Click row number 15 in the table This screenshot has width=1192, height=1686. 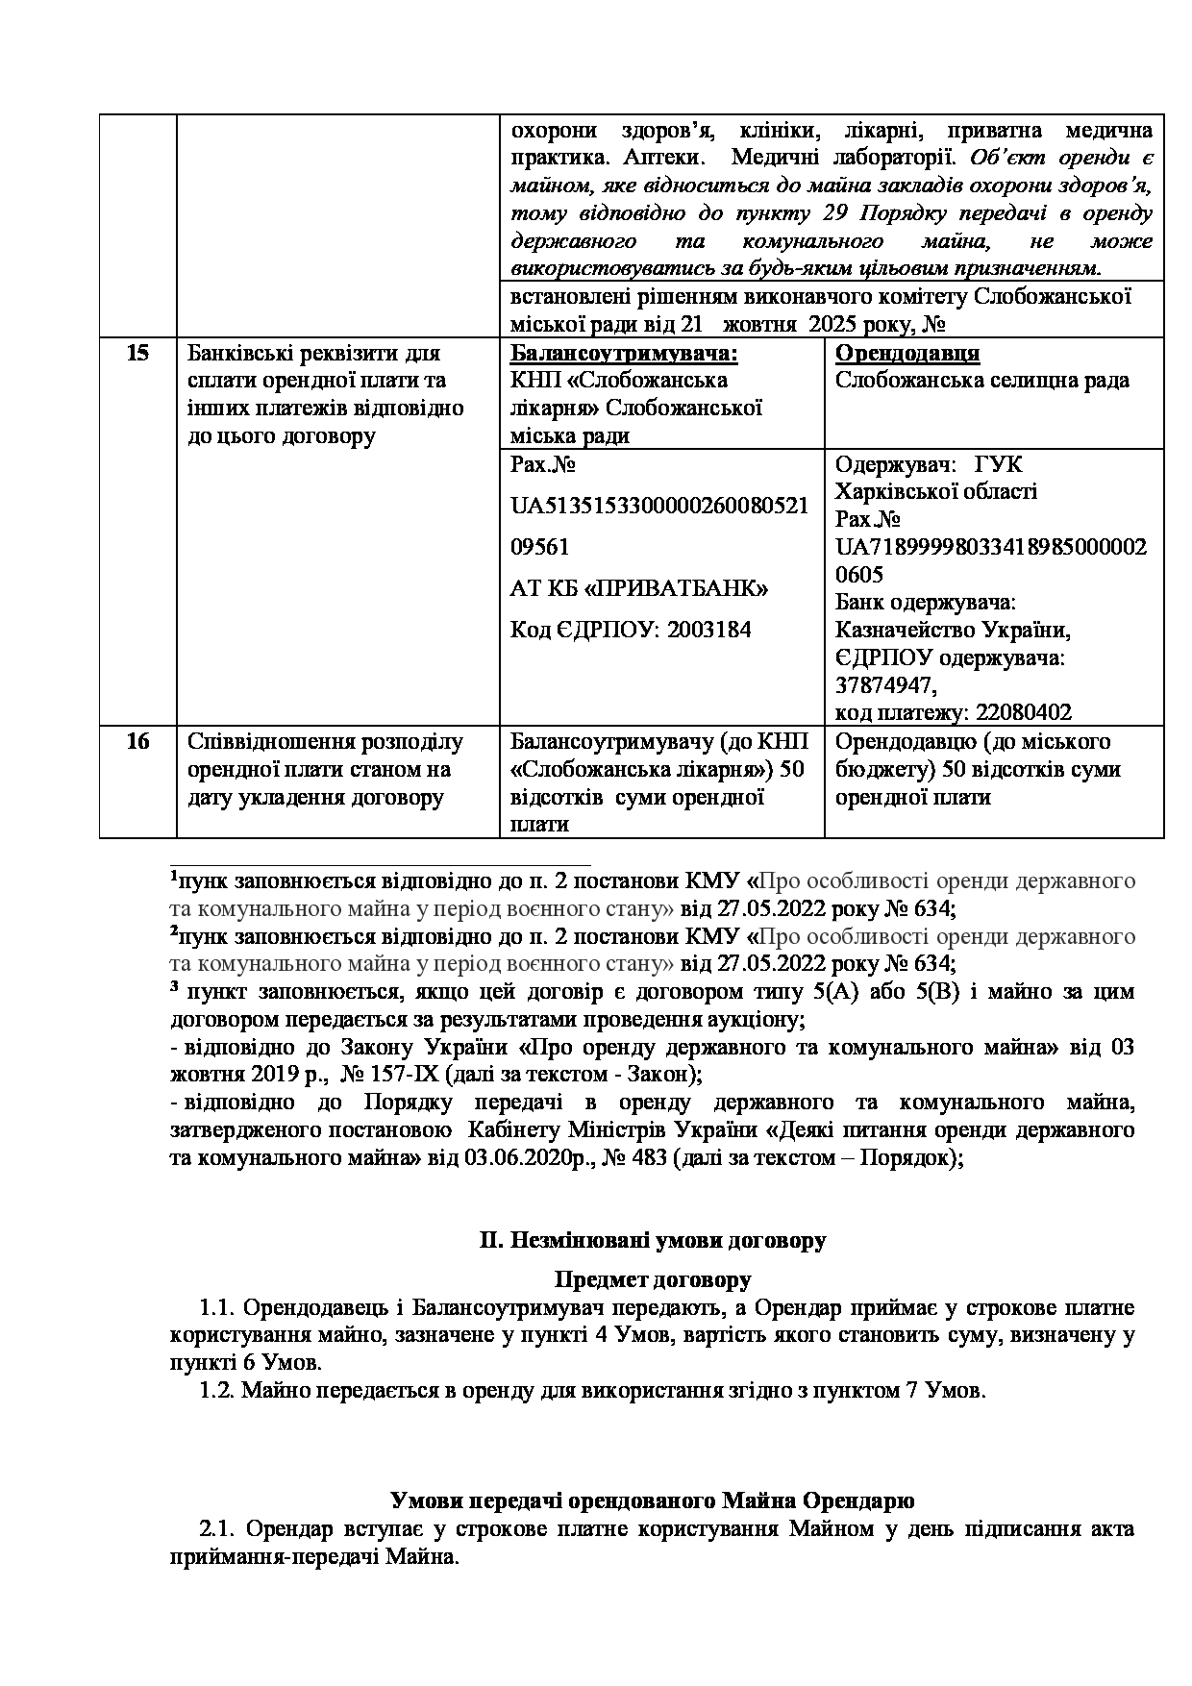click(137, 353)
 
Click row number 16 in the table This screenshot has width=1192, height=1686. click(137, 742)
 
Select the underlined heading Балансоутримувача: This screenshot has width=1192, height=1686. click(624, 353)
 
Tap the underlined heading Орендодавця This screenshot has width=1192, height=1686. click(907, 353)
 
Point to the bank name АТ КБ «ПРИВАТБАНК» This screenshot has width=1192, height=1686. click(639, 588)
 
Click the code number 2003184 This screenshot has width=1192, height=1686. click(710, 630)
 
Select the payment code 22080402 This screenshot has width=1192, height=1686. click(1024, 713)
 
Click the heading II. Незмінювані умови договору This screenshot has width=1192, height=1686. click(653, 1240)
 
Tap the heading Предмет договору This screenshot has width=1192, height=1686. click(653, 1279)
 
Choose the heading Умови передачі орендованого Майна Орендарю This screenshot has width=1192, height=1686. click(653, 1500)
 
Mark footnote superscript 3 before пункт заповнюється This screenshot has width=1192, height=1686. click(174, 987)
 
